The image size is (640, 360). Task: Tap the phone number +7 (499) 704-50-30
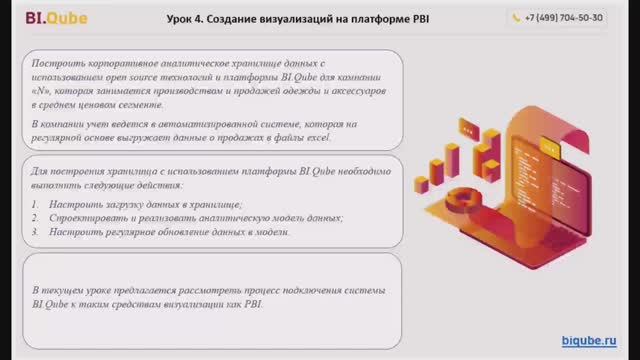tap(570, 17)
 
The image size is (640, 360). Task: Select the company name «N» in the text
tap(43, 90)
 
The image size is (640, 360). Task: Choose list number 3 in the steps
tap(35, 231)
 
